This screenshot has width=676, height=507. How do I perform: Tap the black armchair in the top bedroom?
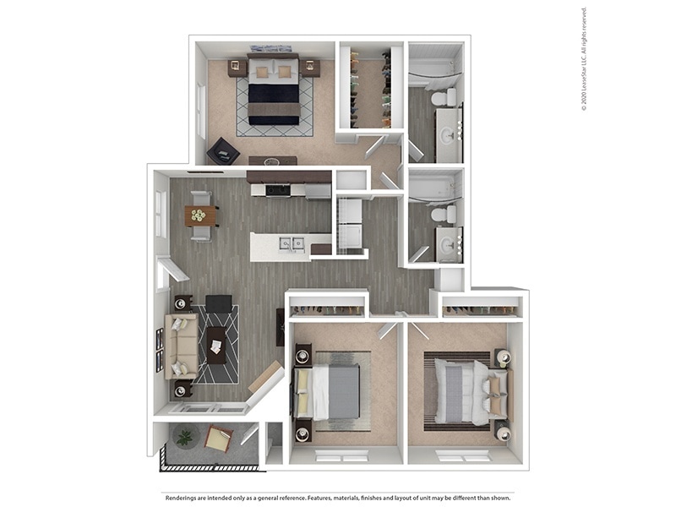pos(223,150)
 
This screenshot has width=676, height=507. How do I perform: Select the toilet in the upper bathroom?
pos(443,97)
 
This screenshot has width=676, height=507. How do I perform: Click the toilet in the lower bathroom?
pos(443,215)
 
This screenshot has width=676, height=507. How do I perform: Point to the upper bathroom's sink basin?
pos(448,135)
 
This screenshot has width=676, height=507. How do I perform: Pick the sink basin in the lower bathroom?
pos(448,247)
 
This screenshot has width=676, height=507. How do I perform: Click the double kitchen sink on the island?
pos(292,243)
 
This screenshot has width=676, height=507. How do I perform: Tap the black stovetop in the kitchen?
pos(278,190)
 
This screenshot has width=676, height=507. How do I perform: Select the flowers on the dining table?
pos(199,215)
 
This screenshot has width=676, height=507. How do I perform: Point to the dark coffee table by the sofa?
pos(216,345)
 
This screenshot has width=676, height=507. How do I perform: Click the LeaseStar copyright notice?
pos(584,59)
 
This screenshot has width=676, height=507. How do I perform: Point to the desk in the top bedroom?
pos(272,160)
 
